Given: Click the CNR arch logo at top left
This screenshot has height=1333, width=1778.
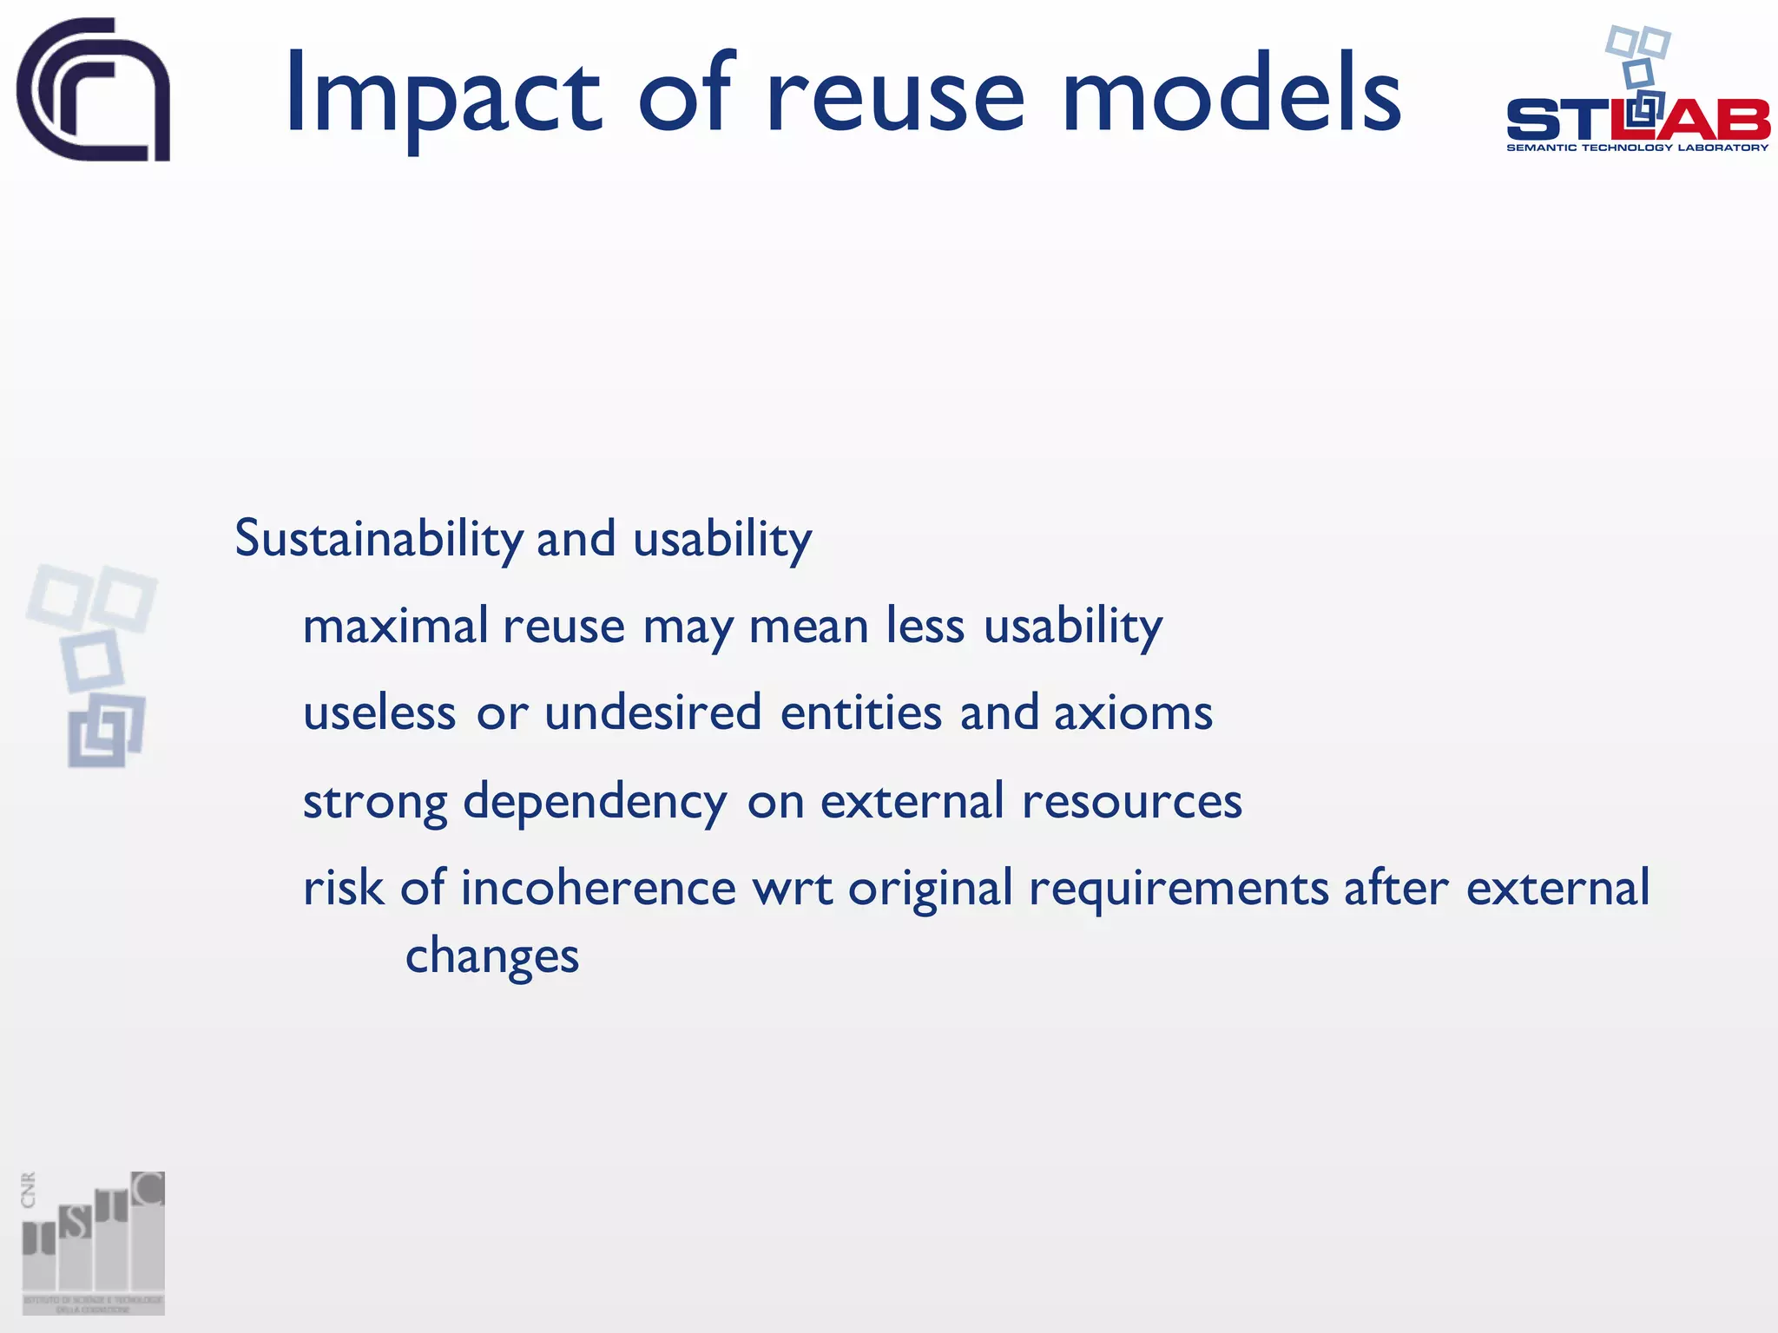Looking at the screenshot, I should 94,90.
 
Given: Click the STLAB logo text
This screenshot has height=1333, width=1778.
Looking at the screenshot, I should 1637,120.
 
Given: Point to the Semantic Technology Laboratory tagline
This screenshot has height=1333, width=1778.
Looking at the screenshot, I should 1637,148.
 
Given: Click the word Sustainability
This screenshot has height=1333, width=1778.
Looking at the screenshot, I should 379,540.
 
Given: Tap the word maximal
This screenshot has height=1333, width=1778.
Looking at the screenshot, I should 396,626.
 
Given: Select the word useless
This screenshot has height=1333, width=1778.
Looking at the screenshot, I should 379,714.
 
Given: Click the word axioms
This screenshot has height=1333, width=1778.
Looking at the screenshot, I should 1133,714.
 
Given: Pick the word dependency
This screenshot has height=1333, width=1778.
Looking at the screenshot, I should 595,803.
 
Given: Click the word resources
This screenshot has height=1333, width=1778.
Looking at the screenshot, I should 1131,803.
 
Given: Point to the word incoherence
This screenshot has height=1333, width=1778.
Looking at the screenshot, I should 598,889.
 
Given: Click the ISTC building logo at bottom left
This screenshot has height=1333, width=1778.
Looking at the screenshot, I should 93,1242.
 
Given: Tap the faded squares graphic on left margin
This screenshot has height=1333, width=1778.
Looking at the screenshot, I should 93,665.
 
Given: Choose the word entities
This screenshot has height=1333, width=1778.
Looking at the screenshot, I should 860,714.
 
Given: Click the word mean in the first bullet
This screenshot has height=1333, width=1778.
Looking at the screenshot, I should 808,627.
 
